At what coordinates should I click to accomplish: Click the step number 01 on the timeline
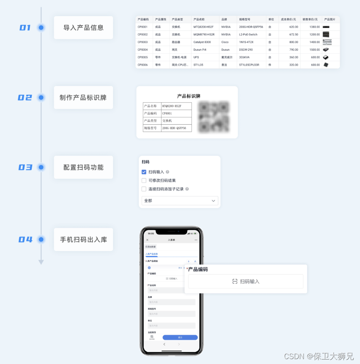click(25, 28)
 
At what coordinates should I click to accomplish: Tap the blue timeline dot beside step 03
click(41, 167)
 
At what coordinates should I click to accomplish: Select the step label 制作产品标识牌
click(83, 97)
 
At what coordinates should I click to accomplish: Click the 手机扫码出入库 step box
click(83, 239)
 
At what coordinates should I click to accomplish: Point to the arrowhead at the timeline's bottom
click(41, 262)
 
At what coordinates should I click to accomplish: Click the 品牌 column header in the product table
click(224, 19)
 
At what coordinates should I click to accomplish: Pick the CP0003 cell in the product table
click(143, 42)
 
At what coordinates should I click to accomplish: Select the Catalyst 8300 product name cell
click(202, 42)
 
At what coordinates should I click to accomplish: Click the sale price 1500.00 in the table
click(314, 50)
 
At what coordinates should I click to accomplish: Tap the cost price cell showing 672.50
click(293, 35)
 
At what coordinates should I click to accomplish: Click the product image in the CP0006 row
click(326, 65)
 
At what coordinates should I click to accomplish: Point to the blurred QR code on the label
click(214, 117)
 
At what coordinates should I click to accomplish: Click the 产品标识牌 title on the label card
click(189, 96)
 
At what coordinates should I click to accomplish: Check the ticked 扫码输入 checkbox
click(144, 172)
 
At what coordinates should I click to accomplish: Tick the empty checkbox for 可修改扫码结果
click(144, 180)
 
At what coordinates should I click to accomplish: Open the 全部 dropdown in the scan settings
click(180, 201)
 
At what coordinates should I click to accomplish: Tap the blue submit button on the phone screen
click(180, 338)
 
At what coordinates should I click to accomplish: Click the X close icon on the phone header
click(147, 240)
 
